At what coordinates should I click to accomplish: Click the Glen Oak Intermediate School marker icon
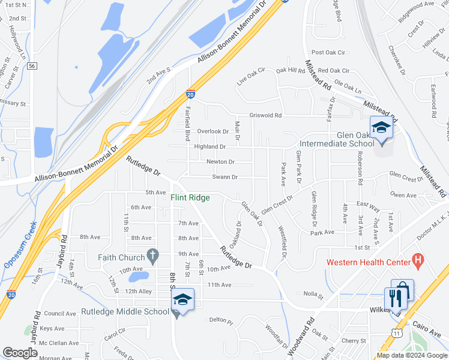[381, 128]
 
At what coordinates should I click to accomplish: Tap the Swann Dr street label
[225, 177]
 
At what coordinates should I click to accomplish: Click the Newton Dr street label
[220, 162]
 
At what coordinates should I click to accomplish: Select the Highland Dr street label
[209, 146]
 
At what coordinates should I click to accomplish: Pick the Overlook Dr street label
[213, 131]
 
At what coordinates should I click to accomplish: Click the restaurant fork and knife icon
[394, 297]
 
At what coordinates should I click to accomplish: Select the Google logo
[20, 353]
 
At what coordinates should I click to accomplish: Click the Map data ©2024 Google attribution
[411, 355]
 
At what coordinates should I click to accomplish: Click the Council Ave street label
[59, 313]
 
